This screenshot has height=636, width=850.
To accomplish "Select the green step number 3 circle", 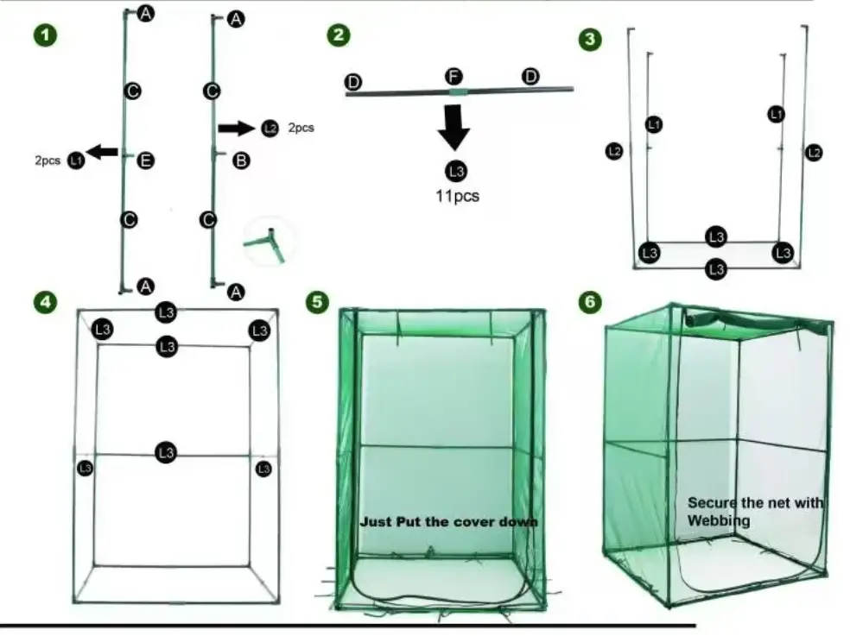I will point(589,39).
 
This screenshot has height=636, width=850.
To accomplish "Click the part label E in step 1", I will point(146,160).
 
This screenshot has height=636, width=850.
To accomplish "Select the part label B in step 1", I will point(242,160).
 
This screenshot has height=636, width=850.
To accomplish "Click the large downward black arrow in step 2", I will point(454,128).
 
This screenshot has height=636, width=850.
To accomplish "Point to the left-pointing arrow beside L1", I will point(103,152).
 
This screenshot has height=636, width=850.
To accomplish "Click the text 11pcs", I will point(456,196).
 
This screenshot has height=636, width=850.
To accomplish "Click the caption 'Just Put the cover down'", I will point(449,522).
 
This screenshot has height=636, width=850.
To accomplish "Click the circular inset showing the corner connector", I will point(269,241).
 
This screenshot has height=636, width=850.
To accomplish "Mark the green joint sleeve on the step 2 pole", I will point(458,91).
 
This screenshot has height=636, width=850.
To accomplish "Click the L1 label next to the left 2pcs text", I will point(76,161).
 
